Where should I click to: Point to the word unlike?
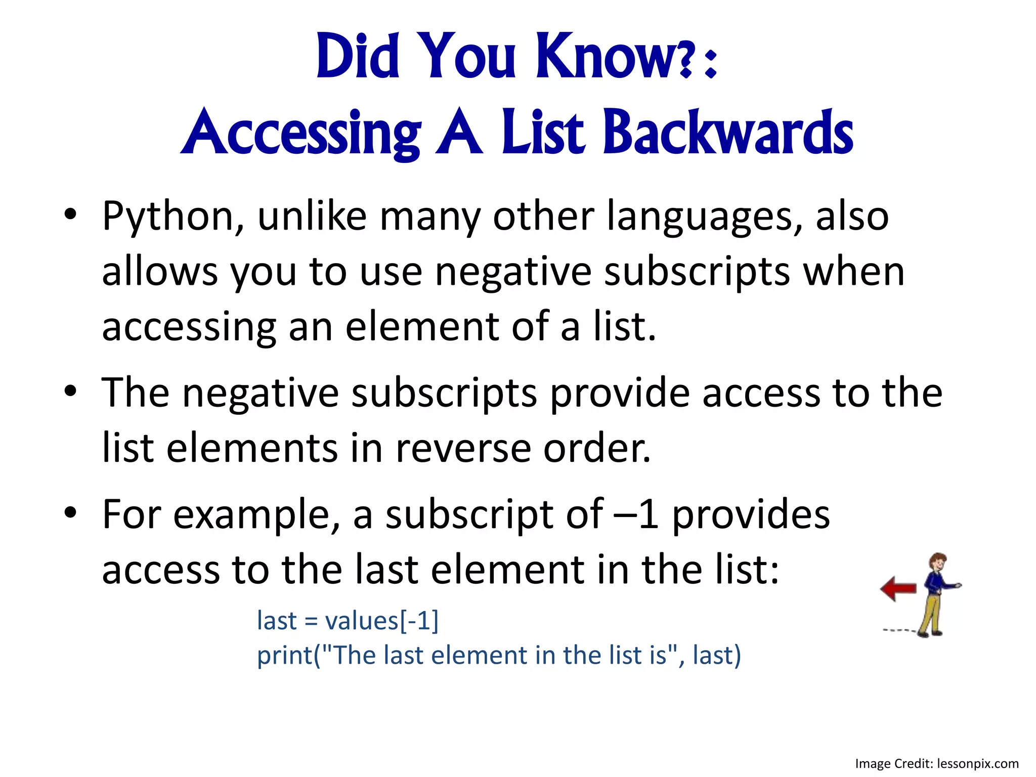click(x=312, y=217)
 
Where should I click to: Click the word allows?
click(x=160, y=272)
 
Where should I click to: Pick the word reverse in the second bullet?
click(x=463, y=448)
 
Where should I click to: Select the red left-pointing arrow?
click(x=898, y=588)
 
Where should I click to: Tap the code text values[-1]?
click(x=382, y=621)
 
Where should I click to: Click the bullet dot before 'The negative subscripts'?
click(x=70, y=391)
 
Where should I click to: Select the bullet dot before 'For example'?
click(x=70, y=512)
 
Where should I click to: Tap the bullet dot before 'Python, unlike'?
click(x=70, y=214)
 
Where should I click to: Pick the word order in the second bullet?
click(x=596, y=448)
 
